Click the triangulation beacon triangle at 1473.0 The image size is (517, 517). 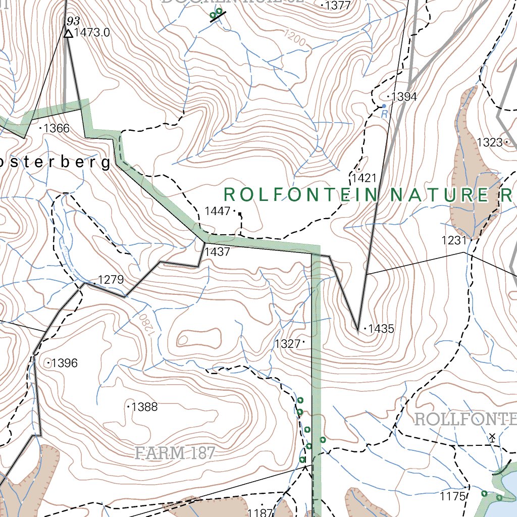coord(68,34)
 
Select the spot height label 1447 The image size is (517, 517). coord(218,211)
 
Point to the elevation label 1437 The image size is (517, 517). coord(218,251)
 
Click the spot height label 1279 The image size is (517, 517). coord(111,280)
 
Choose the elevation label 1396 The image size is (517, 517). coord(65,363)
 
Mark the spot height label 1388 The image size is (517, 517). coord(144,406)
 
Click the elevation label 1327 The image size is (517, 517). coord(288,344)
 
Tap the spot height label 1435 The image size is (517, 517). coord(381,329)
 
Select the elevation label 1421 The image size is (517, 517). coord(365,178)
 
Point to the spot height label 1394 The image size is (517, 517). coord(404,97)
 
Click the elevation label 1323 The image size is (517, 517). coord(490,142)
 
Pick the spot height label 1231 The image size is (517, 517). coord(454,240)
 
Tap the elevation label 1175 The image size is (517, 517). coord(452,496)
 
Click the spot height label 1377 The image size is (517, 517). coord(338,6)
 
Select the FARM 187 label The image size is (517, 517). coord(175,453)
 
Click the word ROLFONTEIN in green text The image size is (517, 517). coord(301,194)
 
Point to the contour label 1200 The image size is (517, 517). coord(295,38)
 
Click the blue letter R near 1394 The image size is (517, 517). coord(384,114)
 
